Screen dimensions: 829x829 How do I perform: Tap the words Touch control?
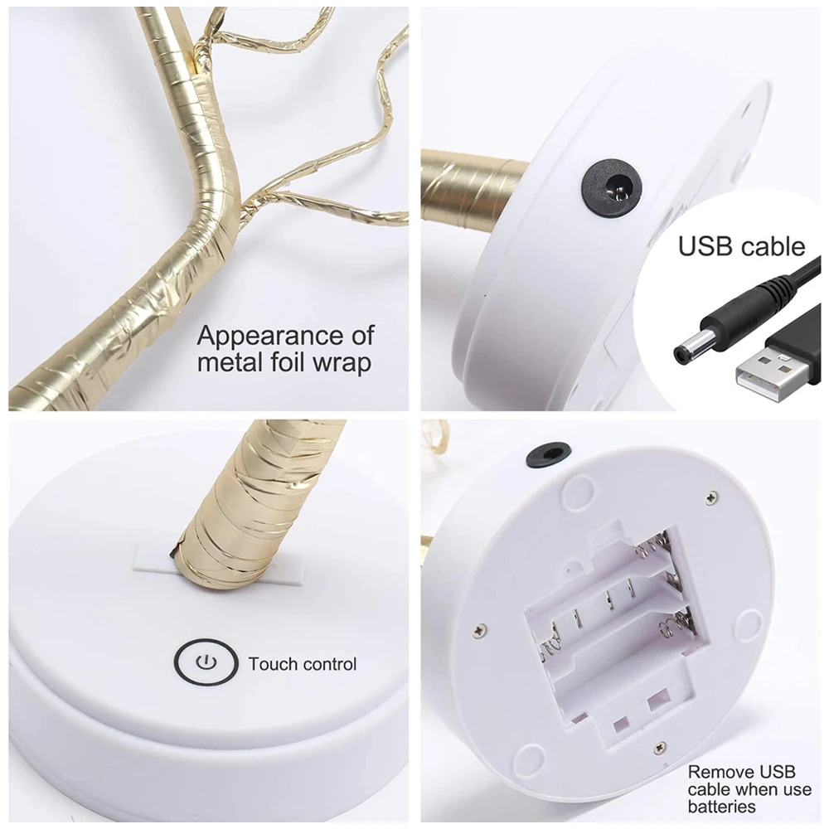pos(302,664)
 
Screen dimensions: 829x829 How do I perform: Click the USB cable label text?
pos(741,246)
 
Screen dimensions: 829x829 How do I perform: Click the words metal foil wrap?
pos(284,363)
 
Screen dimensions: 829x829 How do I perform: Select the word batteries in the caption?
pos(721,807)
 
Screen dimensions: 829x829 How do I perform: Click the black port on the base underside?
pos(548,454)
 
